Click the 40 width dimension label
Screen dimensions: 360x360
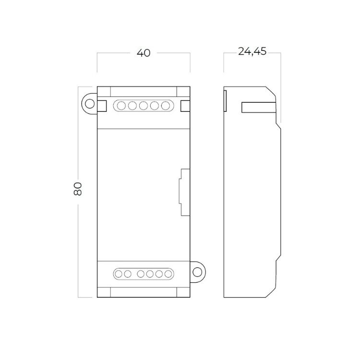(x=144, y=53)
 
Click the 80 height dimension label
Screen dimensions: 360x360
(x=78, y=189)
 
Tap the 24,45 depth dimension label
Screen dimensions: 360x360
(x=252, y=51)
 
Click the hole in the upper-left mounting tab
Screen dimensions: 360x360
(x=90, y=104)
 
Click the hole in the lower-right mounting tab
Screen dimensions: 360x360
(x=197, y=272)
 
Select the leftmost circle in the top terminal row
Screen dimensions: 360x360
(x=121, y=106)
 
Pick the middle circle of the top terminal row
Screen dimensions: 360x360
(x=143, y=106)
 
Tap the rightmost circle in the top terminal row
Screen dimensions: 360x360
(x=165, y=106)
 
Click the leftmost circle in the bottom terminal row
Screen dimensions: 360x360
(x=119, y=274)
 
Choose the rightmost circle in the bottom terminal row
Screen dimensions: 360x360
(x=168, y=274)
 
